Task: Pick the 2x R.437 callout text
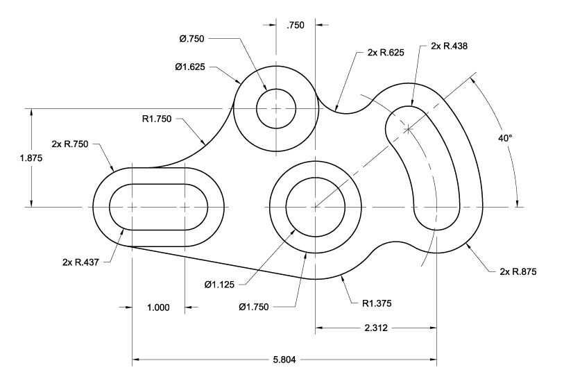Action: [x=80, y=262]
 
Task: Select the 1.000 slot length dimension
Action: [x=157, y=308]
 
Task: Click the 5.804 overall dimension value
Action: [x=285, y=360]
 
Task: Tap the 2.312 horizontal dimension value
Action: [x=375, y=326]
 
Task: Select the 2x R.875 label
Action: [x=518, y=271]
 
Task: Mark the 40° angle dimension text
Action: [x=504, y=138]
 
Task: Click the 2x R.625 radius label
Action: [x=377, y=52]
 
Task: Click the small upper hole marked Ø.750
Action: [x=276, y=108]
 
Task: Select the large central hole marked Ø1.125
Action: [x=315, y=207]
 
